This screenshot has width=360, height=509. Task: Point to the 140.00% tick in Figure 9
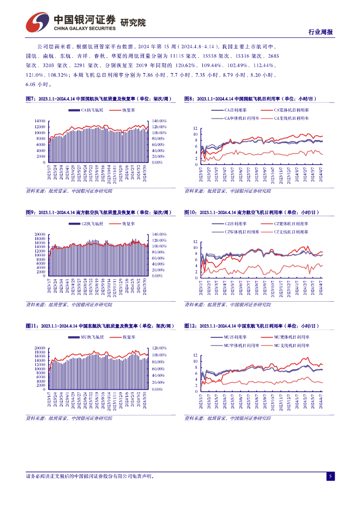158,234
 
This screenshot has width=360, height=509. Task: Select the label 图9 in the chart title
30,213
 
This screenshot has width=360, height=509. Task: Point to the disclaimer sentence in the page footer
90,476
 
